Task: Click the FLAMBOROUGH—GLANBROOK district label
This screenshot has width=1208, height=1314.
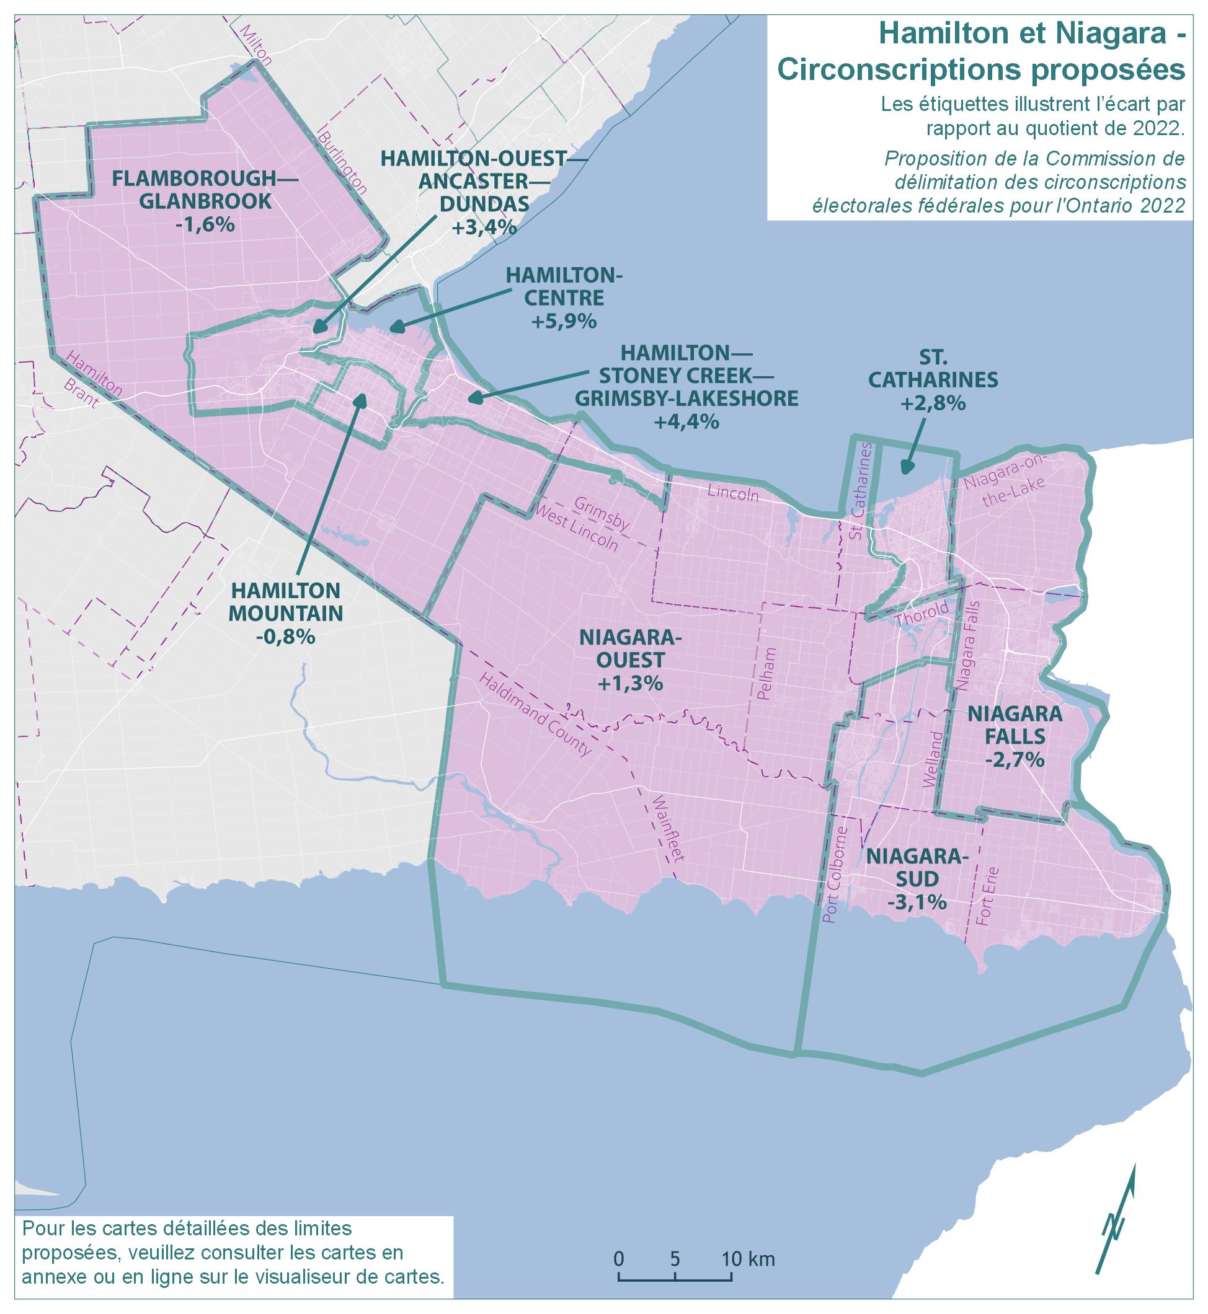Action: [x=205, y=190]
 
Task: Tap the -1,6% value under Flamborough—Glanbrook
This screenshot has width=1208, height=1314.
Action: [x=205, y=225]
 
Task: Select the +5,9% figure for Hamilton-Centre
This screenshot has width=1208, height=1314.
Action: [x=564, y=321]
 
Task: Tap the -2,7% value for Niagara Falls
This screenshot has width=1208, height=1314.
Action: [x=1015, y=761]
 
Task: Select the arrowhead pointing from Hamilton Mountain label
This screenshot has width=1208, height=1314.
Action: [x=360, y=399]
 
